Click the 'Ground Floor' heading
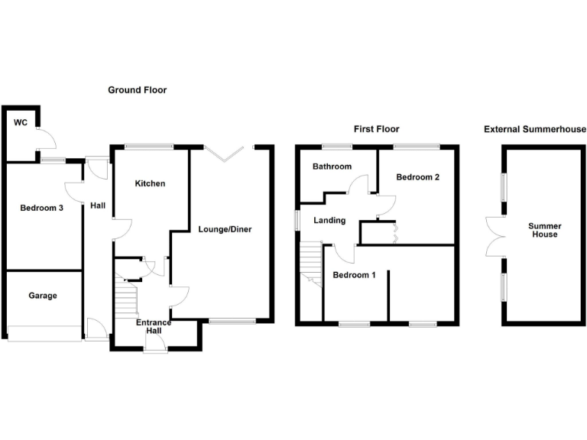click(137, 90)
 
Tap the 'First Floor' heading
click(376, 129)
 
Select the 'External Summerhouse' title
click(534, 129)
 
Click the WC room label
click(19, 122)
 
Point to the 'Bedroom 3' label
click(41, 208)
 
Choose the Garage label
click(43, 296)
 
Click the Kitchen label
click(150, 184)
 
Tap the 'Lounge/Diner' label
click(225, 229)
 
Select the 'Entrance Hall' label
click(154, 328)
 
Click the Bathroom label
click(332, 167)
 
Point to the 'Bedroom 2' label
click(417, 177)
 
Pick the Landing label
click(329, 221)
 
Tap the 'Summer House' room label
click(544, 231)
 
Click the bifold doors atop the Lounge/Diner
click(228, 153)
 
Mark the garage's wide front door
click(44, 332)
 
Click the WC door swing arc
click(45, 139)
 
